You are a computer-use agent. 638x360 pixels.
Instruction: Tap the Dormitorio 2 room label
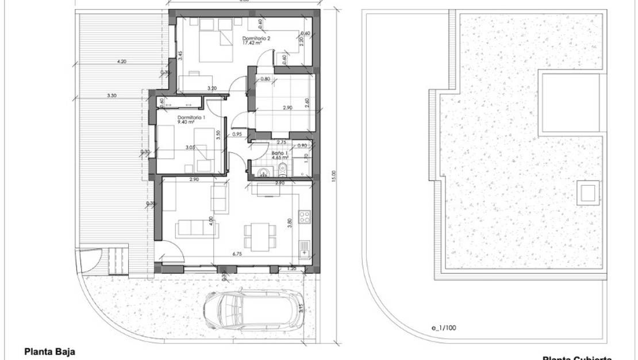pyautogui.click(x=257, y=38)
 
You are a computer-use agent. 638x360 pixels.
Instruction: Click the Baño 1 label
pyautogui.click(x=278, y=152)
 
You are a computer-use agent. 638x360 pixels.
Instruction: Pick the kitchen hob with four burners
pyautogui.click(x=305, y=217)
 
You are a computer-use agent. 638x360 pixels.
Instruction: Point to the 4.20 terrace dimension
pyautogui.click(x=121, y=60)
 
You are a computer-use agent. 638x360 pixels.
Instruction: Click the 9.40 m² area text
pyautogui.click(x=187, y=122)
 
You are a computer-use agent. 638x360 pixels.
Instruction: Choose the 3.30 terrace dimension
pyautogui.click(x=112, y=95)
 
